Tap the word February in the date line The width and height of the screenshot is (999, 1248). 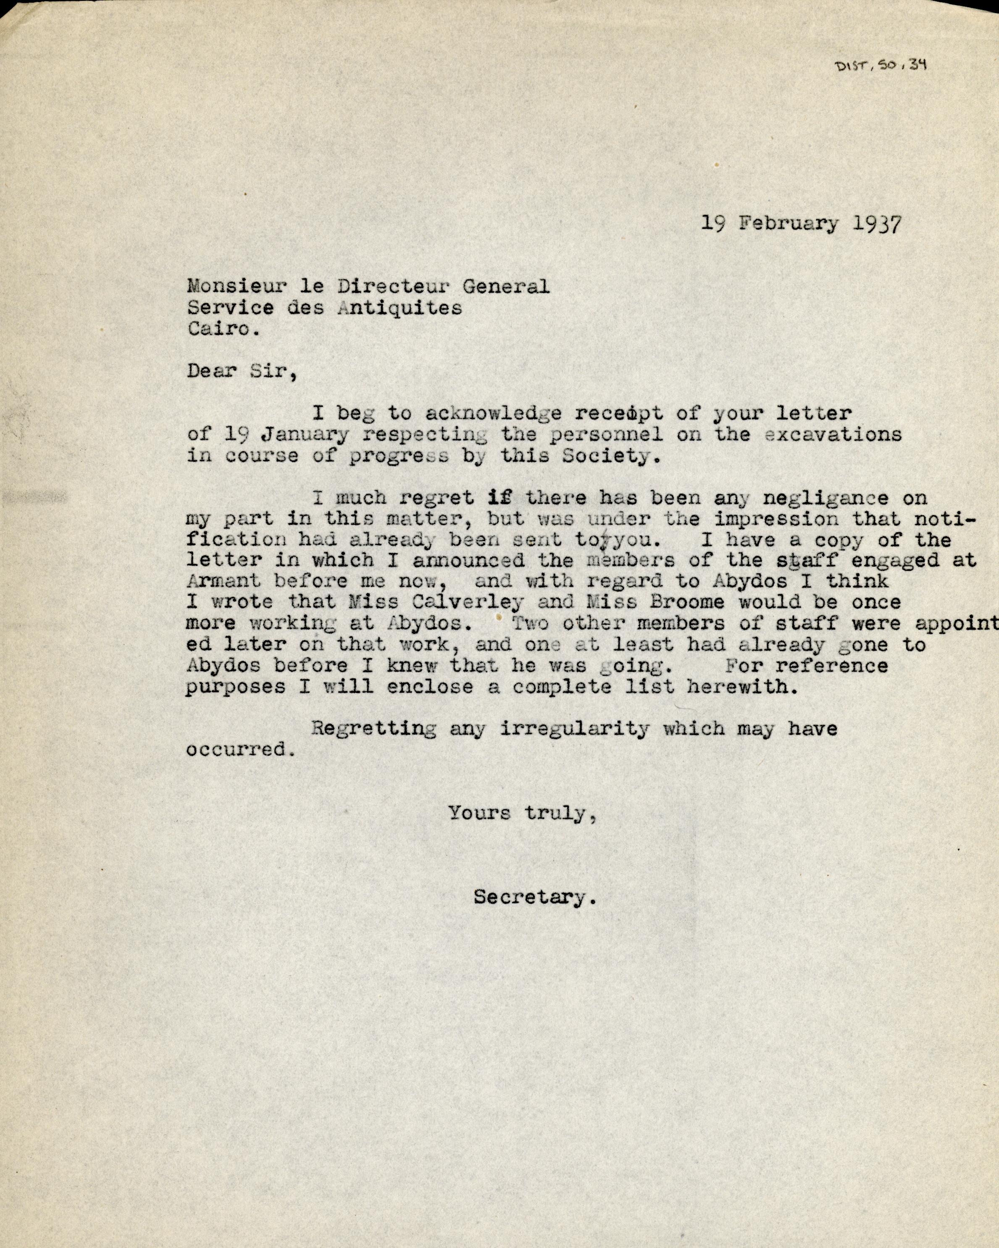(788, 223)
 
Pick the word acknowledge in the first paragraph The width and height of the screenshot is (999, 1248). (494, 414)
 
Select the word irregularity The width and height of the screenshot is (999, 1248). (575, 728)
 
